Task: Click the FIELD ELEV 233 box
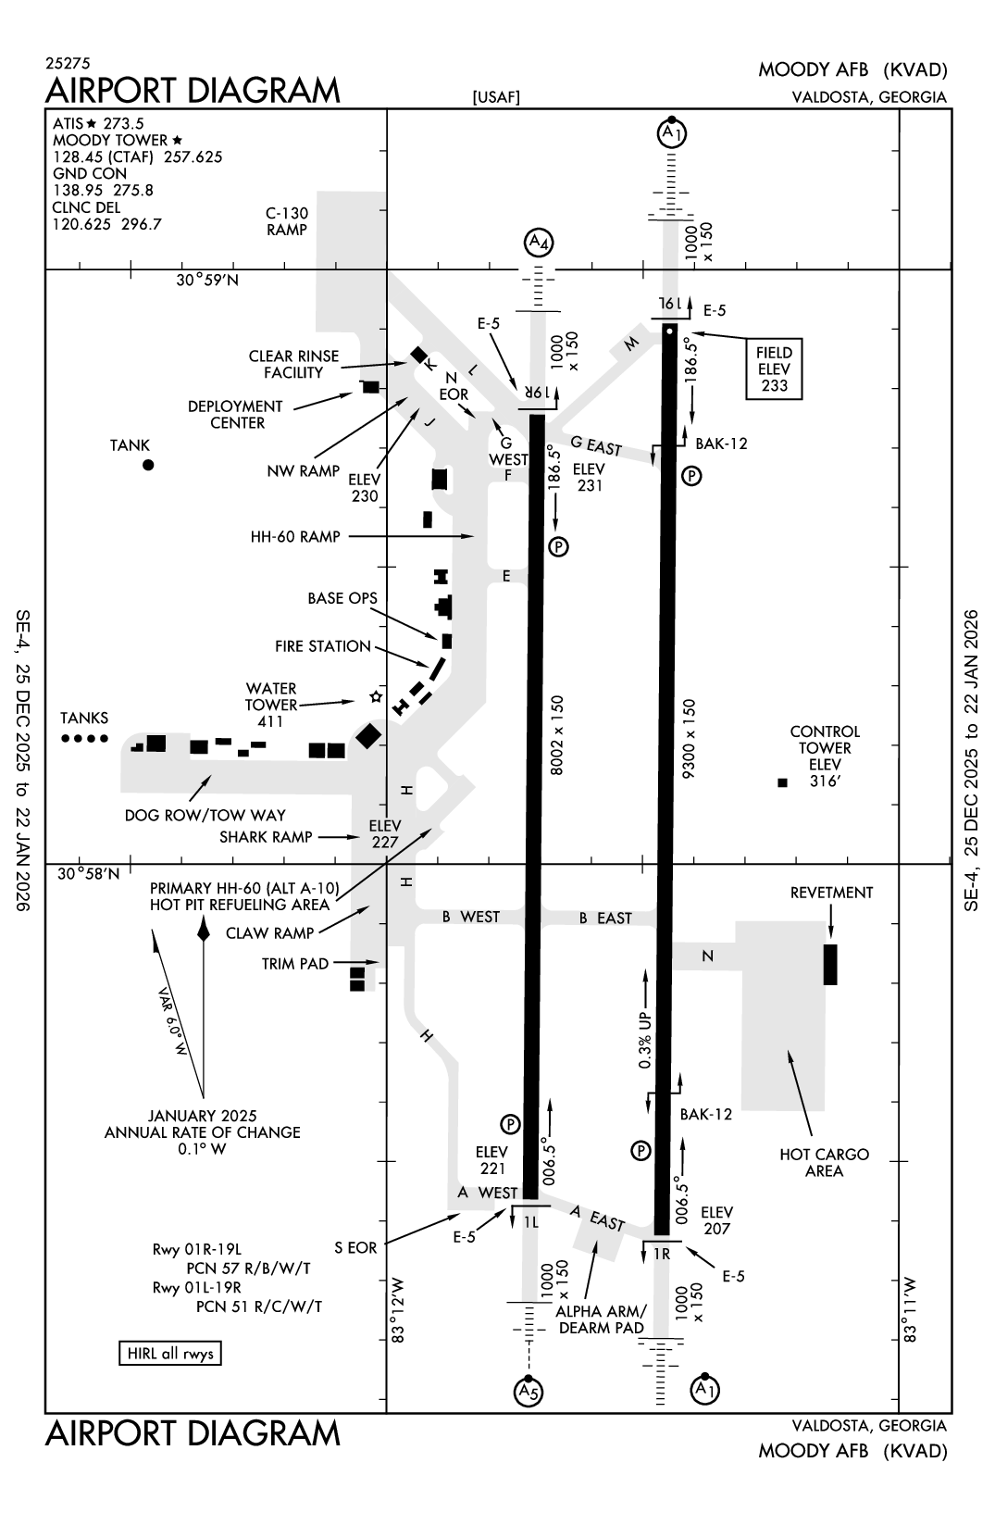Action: (x=774, y=369)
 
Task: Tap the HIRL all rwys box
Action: (x=170, y=1354)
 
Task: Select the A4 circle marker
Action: (x=538, y=244)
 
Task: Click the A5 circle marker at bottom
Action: (x=527, y=1391)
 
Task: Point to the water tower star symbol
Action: (x=376, y=696)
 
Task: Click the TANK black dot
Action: (x=148, y=465)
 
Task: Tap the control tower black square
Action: (x=782, y=783)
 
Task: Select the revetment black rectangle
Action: (x=830, y=964)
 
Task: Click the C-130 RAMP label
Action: (x=286, y=221)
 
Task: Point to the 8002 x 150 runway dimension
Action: (x=557, y=734)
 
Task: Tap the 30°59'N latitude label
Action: (x=207, y=281)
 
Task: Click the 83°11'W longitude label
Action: (x=911, y=1309)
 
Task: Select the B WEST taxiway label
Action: (x=470, y=917)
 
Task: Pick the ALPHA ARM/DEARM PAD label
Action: (x=602, y=1319)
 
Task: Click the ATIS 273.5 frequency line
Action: (x=98, y=123)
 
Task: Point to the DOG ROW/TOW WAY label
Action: (x=205, y=815)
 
